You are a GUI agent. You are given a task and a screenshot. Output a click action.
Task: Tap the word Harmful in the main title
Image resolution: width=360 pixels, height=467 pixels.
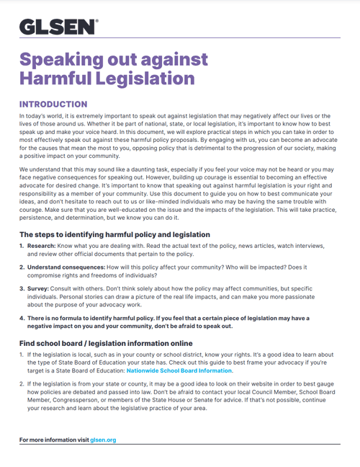pos(60,78)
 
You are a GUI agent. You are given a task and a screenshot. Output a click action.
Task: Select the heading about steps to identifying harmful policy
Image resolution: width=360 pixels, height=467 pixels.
pos(114,235)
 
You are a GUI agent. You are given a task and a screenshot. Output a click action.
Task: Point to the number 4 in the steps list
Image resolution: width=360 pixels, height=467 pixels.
pos(21,318)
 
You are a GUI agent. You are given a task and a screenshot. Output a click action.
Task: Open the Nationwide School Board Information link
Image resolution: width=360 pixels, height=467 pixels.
pos(179,370)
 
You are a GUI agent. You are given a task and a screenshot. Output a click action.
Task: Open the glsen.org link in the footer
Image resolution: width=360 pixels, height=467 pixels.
pos(103,439)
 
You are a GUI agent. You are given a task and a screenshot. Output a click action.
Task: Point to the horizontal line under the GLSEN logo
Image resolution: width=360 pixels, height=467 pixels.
pos(179,38)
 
